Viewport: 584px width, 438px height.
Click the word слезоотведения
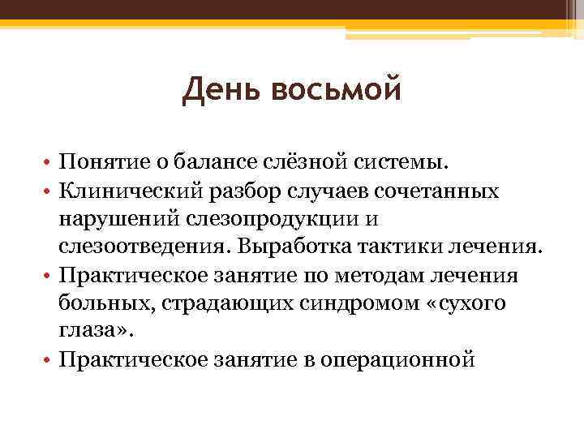click(x=142, y=247)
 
